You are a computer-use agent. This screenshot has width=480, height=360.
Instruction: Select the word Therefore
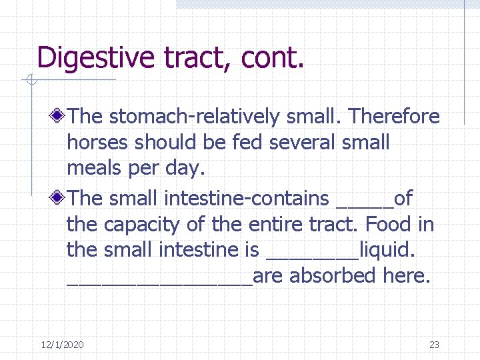coord(395,117)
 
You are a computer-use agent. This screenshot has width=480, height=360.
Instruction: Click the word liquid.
coord(387,251)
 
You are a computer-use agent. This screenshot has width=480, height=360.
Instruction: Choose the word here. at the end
coord(404,275)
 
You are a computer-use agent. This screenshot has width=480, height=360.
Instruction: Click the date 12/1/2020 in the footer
coord(62,345)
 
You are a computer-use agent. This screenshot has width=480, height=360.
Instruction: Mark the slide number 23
coord(434,345)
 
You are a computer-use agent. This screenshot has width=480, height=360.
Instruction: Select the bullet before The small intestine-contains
coord(59,198)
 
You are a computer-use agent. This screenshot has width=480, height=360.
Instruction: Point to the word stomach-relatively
coord(194,117)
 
